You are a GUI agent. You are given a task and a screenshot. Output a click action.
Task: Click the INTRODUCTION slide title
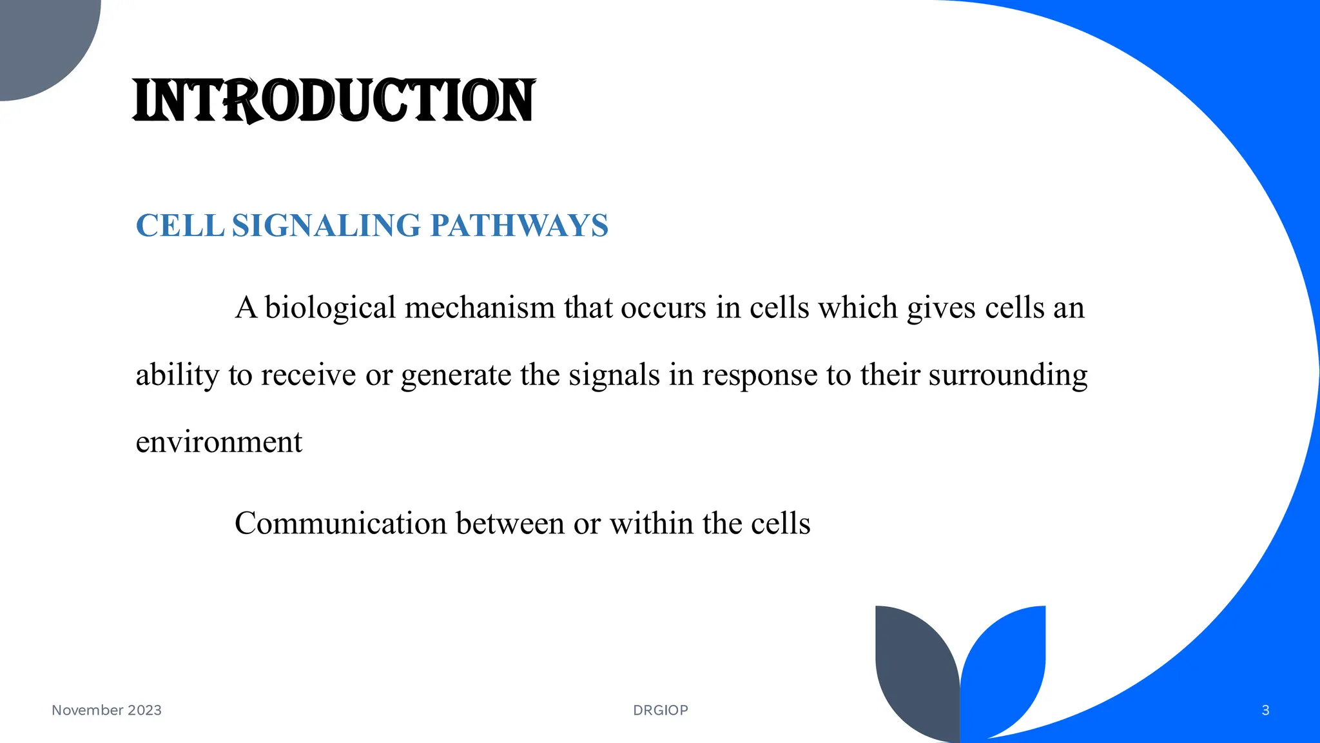click(333, 101)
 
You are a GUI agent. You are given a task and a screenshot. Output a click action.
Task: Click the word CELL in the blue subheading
click(180, 226)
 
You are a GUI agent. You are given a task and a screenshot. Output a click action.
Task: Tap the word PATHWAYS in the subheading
click(519, 226)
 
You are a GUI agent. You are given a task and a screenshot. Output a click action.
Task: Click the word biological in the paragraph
click(330, 308)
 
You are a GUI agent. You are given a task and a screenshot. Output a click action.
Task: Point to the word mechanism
click(480, 308)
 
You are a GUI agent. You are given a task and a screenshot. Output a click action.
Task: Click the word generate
click(456, 375)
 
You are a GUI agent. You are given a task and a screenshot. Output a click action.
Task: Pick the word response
click(759, 375)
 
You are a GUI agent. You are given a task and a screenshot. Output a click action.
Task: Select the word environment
click(218, 442)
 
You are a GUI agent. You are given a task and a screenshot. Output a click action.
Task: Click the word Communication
click(340, 523)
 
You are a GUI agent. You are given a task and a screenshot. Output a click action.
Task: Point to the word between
click(510, 523)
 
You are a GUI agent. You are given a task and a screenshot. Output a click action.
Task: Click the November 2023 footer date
click(106, 710)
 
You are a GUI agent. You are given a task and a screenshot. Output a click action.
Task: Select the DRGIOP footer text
click(661, 710)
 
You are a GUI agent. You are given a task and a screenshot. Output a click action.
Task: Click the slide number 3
click(1265, 710)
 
